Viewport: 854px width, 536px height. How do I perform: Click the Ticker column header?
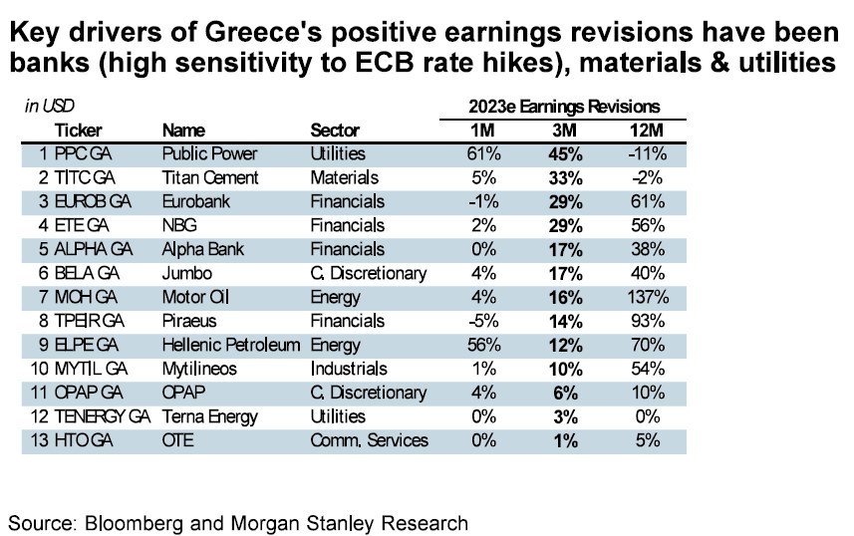click(x=78, y=131)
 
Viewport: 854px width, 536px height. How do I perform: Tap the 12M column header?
click(x=642, y=131)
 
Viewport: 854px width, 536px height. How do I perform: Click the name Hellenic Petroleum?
click(x=230, y=345)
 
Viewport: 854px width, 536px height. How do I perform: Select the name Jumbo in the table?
click(x=183, y=273)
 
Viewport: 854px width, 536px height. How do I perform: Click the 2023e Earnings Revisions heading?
click(x=564, y=106)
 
